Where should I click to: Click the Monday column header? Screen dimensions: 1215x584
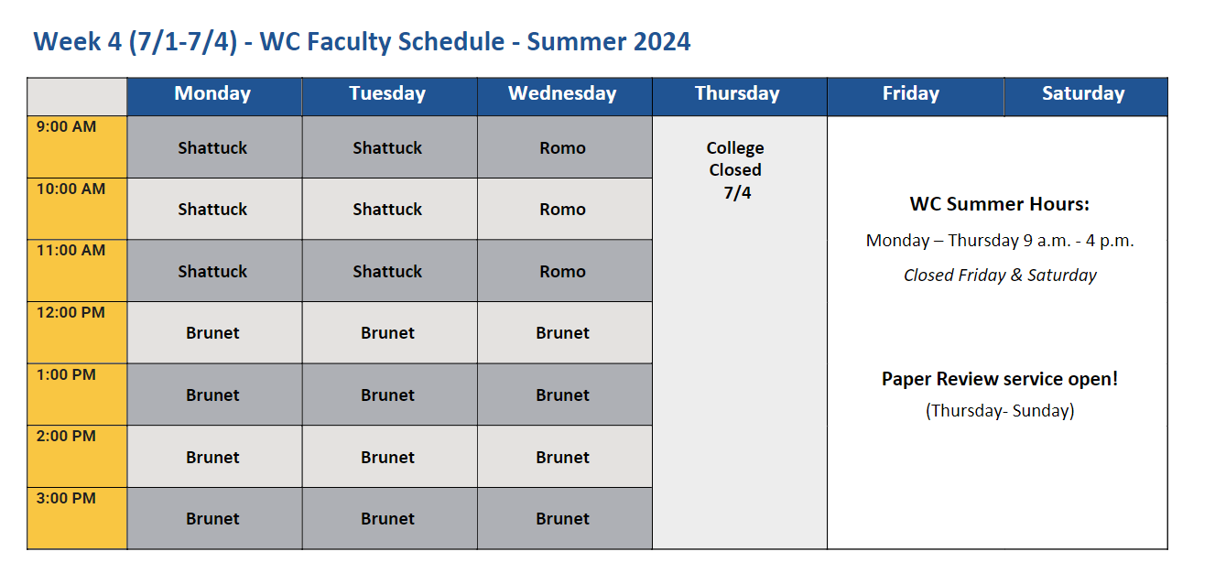[x=212, y=93]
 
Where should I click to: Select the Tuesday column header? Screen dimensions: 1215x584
[x=387, y=93]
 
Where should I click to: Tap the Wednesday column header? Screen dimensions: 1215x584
[x=562, y=93]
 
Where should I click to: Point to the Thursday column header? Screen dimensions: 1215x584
[x=737, y=93]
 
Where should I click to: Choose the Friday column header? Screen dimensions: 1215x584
[x=911, y=93]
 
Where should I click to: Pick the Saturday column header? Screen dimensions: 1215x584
[x=1083, y=93]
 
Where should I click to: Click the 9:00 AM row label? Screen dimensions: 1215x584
[x=66, y=126]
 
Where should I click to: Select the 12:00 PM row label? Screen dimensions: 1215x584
[x=71, y=312]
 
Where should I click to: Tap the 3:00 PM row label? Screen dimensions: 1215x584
[x=66, y=498]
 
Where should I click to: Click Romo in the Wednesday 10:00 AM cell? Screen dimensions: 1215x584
[x=562, y=210]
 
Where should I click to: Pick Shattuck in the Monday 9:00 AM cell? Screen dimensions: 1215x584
[x=212, y=148]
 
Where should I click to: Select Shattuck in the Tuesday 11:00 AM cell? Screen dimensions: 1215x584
[x=387, y=271]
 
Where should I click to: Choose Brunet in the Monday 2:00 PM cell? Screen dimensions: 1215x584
[x=212, y=457]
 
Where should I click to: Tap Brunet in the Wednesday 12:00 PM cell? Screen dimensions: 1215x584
[x=562, y=332]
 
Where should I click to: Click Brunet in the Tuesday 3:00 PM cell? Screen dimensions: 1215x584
[x=387, y=518]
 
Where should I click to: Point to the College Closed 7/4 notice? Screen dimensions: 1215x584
[x=735, y=170]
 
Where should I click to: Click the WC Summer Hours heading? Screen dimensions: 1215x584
[x=999, y=204]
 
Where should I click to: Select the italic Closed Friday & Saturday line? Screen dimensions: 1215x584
[x=1000, y=276]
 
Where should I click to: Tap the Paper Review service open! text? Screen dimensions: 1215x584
[x=1000, y=378]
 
